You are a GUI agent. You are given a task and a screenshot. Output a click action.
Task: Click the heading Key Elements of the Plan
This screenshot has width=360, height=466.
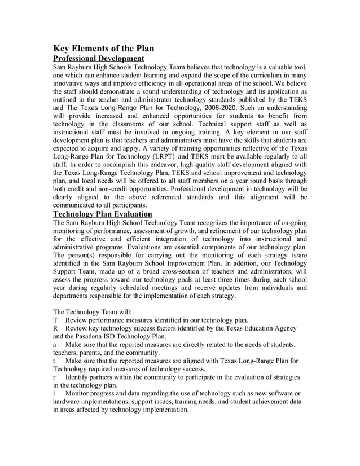coord(103,49)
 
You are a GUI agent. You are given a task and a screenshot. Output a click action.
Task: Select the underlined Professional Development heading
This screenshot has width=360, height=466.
coord(98,58)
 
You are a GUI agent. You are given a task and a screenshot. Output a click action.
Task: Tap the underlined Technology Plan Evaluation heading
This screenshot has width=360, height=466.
coord(102,214)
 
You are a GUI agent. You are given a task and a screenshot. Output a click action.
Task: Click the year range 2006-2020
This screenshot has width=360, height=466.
coord(219,107)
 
